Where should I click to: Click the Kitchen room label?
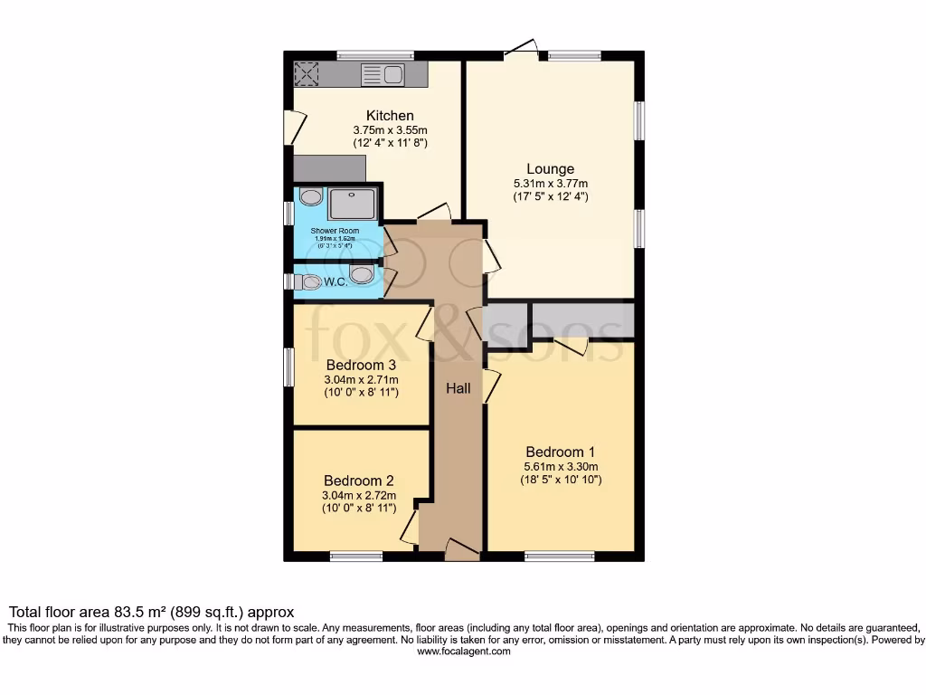point(390,116)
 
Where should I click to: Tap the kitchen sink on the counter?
point(382,74)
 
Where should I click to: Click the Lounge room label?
point(551,168)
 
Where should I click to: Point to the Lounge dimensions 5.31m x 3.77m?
point(551,183)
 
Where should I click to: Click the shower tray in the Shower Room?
point(352,204)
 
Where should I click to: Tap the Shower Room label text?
point(335,231)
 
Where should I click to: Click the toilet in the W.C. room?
point(307,282)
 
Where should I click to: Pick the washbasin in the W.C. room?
point(361,273)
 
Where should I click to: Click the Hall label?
point(458,388)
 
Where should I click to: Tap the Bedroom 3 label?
point(361,365)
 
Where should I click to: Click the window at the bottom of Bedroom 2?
point(355,556)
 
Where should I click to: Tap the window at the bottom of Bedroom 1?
point(560,556)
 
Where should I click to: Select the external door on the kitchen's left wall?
point(290,127)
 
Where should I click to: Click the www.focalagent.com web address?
point(463,651)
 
